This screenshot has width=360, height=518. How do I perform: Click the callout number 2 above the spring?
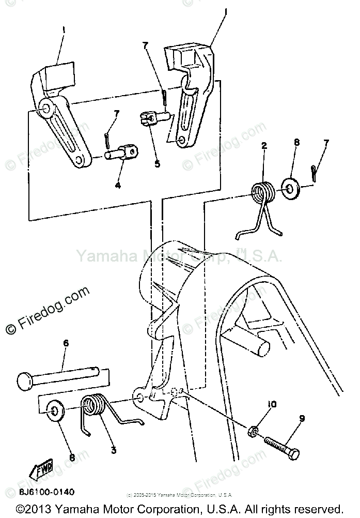(x=264, y=146)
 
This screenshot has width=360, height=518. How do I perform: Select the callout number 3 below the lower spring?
(x=113, y=450)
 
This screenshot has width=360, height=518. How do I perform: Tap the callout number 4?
(x=118, y=185)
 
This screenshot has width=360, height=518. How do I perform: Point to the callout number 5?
(x=157, y=164)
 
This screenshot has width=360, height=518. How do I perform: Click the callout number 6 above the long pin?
(x=66, y=343)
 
